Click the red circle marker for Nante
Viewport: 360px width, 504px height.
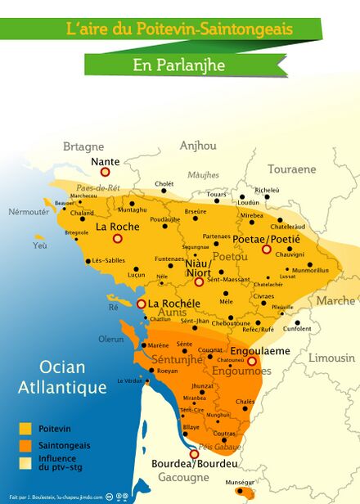click(104, 173)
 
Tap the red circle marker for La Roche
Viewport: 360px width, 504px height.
click(117, 238)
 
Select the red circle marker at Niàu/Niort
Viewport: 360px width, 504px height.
click(199, 281)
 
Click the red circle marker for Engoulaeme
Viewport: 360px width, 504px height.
click(252, 361)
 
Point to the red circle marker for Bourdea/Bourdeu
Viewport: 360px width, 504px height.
click(194, 454)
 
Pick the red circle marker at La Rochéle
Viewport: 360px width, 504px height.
click(142, 304)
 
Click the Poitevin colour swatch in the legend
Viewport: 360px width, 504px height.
click(25, 428)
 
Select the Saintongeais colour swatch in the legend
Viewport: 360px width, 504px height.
click(25, 445)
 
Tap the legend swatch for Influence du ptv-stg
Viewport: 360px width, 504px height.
click(25, 462)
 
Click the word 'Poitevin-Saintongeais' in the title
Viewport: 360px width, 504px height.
click(209, 29)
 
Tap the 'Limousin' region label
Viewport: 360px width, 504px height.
click(331, 358)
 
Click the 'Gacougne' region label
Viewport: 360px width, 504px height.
click(183, 477)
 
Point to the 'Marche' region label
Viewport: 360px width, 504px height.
click(336, 301)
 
